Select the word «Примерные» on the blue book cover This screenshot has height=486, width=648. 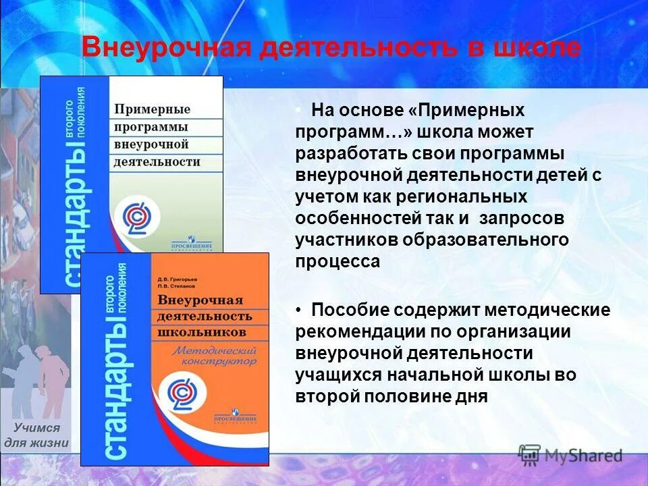[152, 109]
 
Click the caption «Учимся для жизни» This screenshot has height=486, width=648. [36, 435]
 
